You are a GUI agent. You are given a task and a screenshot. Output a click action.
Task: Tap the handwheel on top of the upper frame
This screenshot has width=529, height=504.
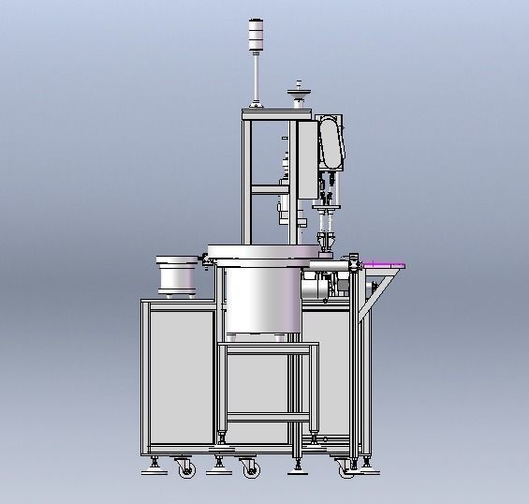300,91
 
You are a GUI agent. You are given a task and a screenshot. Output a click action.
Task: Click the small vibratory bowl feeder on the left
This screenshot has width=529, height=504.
175,274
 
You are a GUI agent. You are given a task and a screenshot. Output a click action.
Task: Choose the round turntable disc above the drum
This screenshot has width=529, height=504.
262,251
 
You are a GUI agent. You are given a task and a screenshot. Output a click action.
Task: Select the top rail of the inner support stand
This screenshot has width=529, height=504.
268,346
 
